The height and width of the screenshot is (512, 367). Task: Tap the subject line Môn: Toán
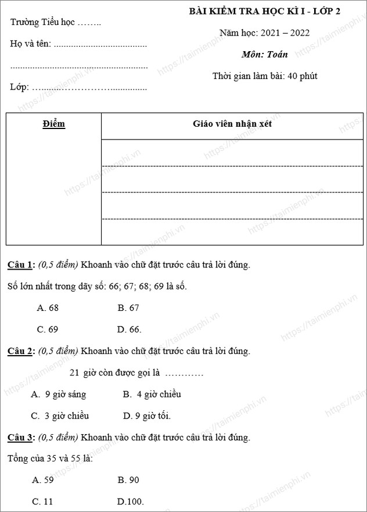(x=265, y=55)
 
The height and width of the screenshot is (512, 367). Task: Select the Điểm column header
(x=54, y=124)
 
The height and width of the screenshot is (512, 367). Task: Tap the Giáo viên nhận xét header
(x=232, y=124)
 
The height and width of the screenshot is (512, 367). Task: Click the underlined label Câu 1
(x=21, y=265)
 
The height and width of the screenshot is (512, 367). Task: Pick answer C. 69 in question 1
(x=48, y=330)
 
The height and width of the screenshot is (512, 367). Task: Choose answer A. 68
(x=48, y=308)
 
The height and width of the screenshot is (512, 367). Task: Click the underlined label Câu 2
(x=21, y=351)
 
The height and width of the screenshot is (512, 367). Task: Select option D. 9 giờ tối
(x=147, y=416)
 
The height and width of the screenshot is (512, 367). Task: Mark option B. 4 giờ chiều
(x=152, y=394)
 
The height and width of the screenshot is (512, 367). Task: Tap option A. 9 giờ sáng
(x=58, y=394)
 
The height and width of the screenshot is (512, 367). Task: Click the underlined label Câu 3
(x=21, y=437)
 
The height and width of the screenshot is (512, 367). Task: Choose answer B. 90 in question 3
(x=128, y=480)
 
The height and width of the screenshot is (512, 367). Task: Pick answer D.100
(x=130, y=502)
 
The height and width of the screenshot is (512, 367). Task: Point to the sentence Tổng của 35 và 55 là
(x=50, y=459)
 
